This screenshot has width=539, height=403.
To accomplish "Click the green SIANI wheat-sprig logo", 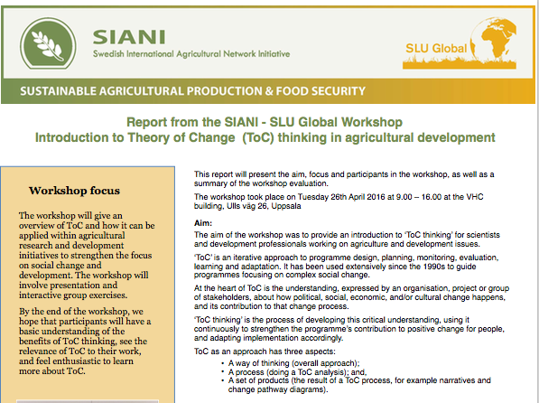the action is (48, 43).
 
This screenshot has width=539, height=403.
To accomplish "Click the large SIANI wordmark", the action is (129, 37).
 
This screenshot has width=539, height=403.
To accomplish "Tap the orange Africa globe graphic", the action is (494, 40).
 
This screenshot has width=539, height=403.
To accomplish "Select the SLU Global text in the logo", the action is (436, 48).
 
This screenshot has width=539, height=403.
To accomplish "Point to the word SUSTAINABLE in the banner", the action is (58, 91).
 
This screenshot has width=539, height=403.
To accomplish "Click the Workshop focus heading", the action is (74, 191).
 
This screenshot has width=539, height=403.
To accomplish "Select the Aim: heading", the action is (203, 223).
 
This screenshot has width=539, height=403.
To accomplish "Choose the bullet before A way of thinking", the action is (223, 363).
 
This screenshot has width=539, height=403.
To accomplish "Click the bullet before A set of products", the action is (223, 380).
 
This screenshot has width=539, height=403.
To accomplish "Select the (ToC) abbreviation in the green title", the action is (258, 137).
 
